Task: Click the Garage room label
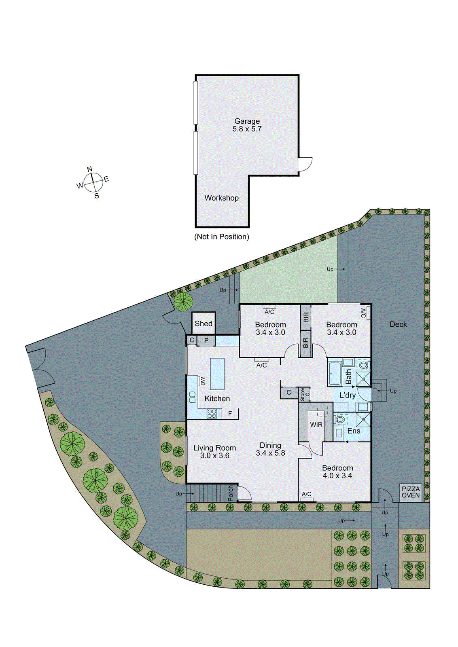[247, 121]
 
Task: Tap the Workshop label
[221, 198]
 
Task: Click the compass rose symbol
[93, 182]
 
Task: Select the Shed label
[203, 323]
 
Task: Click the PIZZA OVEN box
[410, 492]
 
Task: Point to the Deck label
[398, 324]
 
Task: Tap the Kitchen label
[217, 398]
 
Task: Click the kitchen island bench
[217, 374]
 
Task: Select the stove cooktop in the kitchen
[212, 413]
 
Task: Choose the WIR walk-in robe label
[316, 425]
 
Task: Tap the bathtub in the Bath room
[334, 374]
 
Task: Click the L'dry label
[348, 395]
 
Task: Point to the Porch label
[231, 493]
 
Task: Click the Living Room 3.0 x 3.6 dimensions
[214, 456]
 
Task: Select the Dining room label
[270, 445]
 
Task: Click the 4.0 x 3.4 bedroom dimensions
[337, 476]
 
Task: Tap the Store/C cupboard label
[304, 394]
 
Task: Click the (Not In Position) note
[222, 237]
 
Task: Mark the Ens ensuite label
[354, 431]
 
